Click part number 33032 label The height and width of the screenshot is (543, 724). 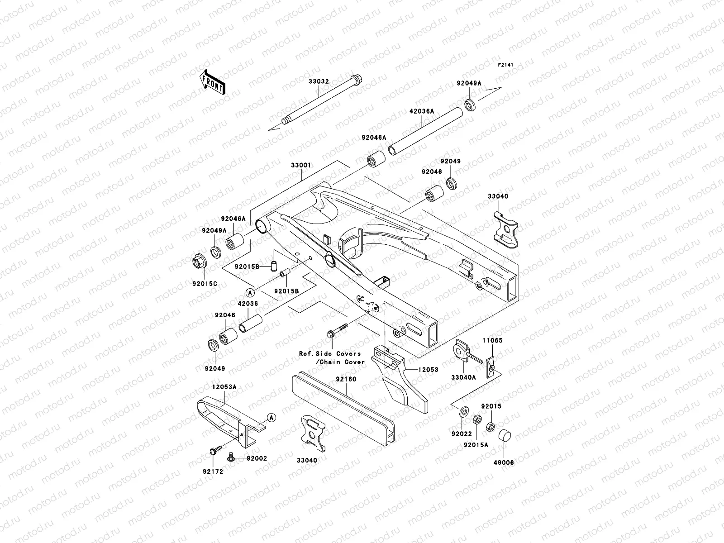319,82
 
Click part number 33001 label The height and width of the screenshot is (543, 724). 300,166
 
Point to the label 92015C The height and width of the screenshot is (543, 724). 204,284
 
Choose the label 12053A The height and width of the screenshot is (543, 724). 224,387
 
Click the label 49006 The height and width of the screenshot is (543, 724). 504,462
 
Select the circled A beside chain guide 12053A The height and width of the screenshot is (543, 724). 270,417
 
